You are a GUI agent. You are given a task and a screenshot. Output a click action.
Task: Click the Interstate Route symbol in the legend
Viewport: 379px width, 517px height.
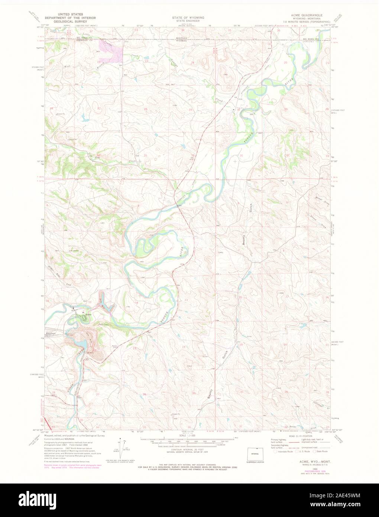(x=275, y=451)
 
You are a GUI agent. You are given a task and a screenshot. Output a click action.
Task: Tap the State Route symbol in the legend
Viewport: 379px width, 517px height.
(x=314, y=451)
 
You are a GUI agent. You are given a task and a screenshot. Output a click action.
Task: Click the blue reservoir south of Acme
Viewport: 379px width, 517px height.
(x=80, y=344)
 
